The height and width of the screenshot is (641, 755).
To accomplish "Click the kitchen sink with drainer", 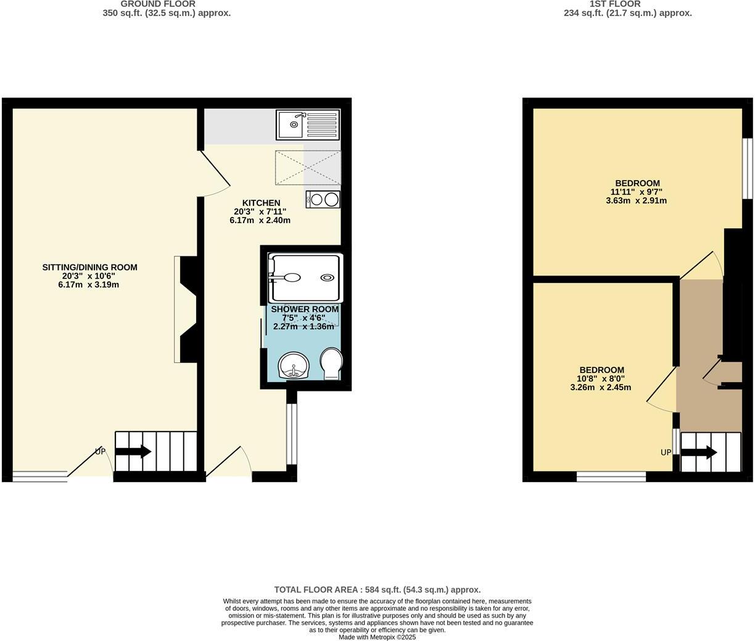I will [x=308, y=125].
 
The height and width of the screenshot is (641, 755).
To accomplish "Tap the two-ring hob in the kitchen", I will [x=323, y=199].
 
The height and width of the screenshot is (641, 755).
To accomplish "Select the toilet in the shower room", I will [x=331, y=363].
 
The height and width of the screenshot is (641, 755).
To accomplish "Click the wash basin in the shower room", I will [x=294, y=366].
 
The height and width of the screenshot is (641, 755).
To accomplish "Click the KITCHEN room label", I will [x=261, y=203].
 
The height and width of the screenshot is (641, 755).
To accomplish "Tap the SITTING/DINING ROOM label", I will [x=89, y=267].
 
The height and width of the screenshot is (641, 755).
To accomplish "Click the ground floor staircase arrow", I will [x=133, y=452].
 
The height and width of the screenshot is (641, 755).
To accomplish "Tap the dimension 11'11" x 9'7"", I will [x=637, y=192].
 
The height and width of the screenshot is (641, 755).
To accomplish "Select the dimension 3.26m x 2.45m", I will [x=600, y=388].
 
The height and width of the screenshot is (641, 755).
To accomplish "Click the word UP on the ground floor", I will [x=100, y=452].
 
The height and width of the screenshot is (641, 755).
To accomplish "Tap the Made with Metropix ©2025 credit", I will [x=377, y=637].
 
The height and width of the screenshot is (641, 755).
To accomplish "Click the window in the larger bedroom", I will [x=747, y=168].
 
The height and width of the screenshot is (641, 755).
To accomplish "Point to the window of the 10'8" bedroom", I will [x=611, y=476].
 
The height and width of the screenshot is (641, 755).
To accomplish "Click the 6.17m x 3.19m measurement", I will [x=88, y=285].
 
